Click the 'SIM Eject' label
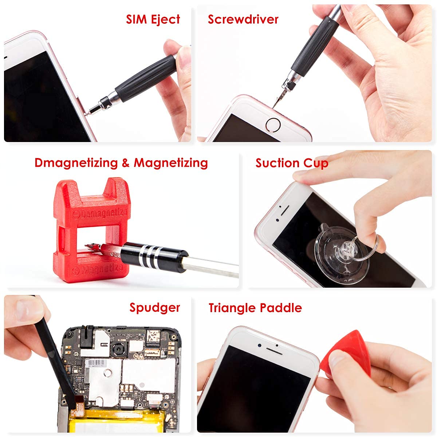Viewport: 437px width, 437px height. (153, 19)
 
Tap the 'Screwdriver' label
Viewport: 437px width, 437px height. (243, 19)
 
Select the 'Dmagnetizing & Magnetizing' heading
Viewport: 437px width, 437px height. (121, 163)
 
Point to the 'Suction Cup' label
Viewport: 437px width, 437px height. (292, 163)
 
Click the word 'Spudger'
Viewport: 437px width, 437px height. (155, 308)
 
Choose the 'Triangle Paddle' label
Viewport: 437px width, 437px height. (255, 308)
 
